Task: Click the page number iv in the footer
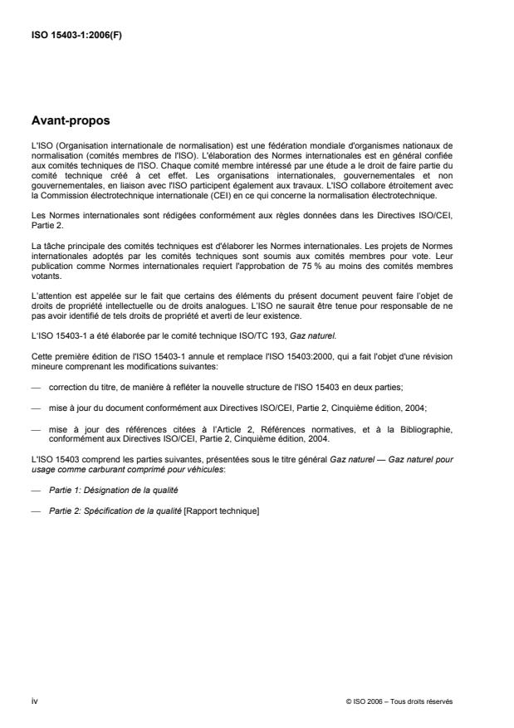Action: [34, 701]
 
